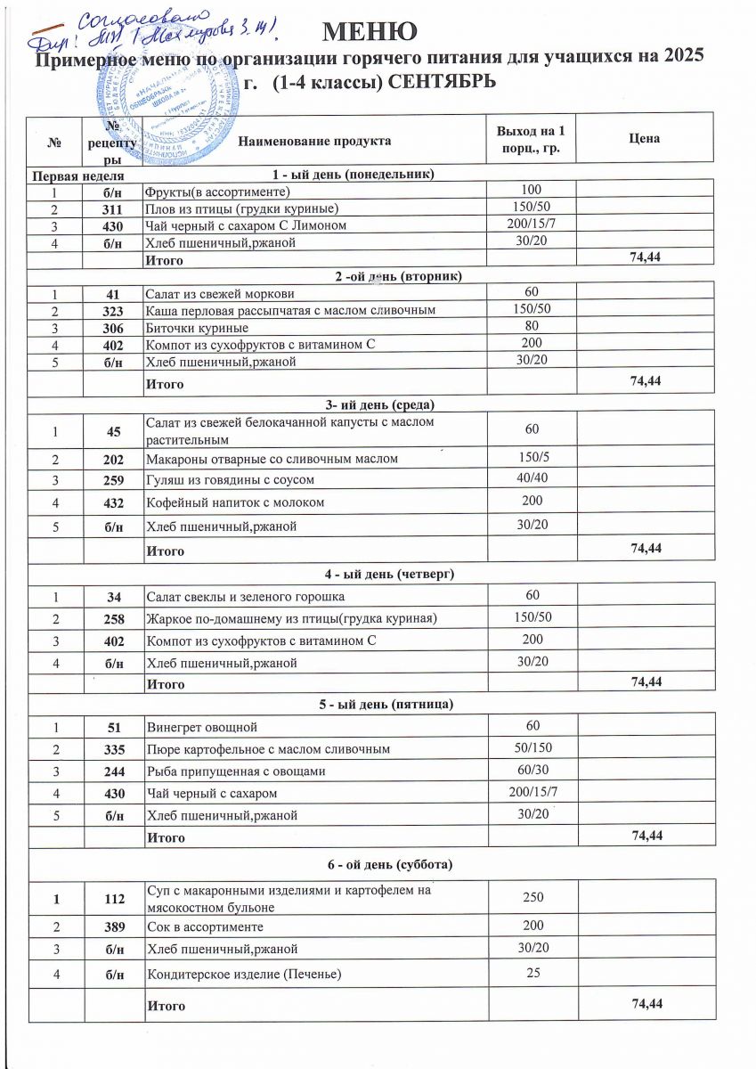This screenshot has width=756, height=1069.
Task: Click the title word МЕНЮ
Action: click(370, 31)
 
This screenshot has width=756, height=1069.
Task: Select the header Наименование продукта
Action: click(314, 141)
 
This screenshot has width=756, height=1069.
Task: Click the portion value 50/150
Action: click(532, 747)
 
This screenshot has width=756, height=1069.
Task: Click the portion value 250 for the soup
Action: click(532, 898)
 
